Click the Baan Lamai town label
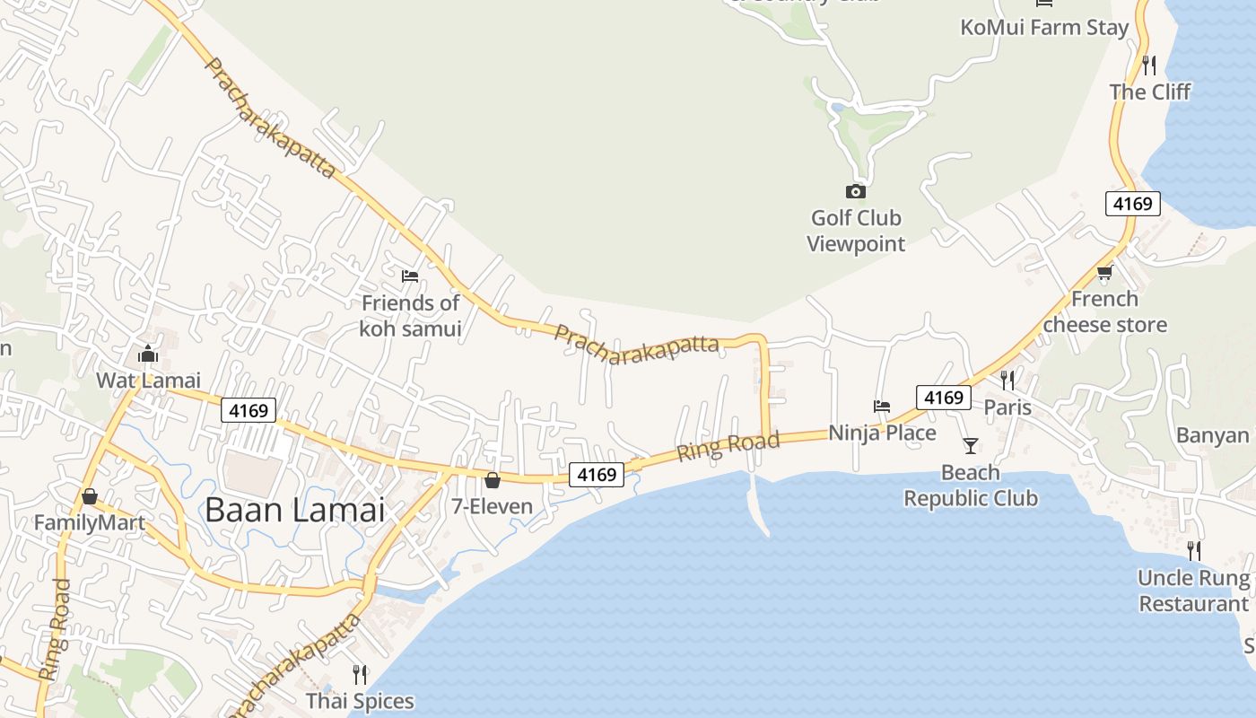tap(294, 510)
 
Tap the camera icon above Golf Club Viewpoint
tap(856, 191)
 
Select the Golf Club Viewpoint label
tap(856, 231)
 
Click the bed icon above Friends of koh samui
tap(410, 276)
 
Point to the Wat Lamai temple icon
tap(148, 355)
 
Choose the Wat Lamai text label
tap(148, 381)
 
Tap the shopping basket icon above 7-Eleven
tap(492, 480)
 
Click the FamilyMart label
tap(89, 522)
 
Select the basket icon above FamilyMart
tap(89, 496)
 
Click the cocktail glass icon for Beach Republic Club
tap(970, 445)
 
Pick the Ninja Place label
tap(882, 433)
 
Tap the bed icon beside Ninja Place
tap(882, 407)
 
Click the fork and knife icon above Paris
tap(1007, 381)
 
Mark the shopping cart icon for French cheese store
tap(1104, 273)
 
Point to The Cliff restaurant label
tap(1149, 92)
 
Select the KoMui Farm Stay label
tap(1044, 28)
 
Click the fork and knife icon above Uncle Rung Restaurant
tap(1193, 550)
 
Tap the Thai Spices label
tap(360, 701)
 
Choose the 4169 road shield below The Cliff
tap(1132, 204)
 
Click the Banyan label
tap(1213, 435)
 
